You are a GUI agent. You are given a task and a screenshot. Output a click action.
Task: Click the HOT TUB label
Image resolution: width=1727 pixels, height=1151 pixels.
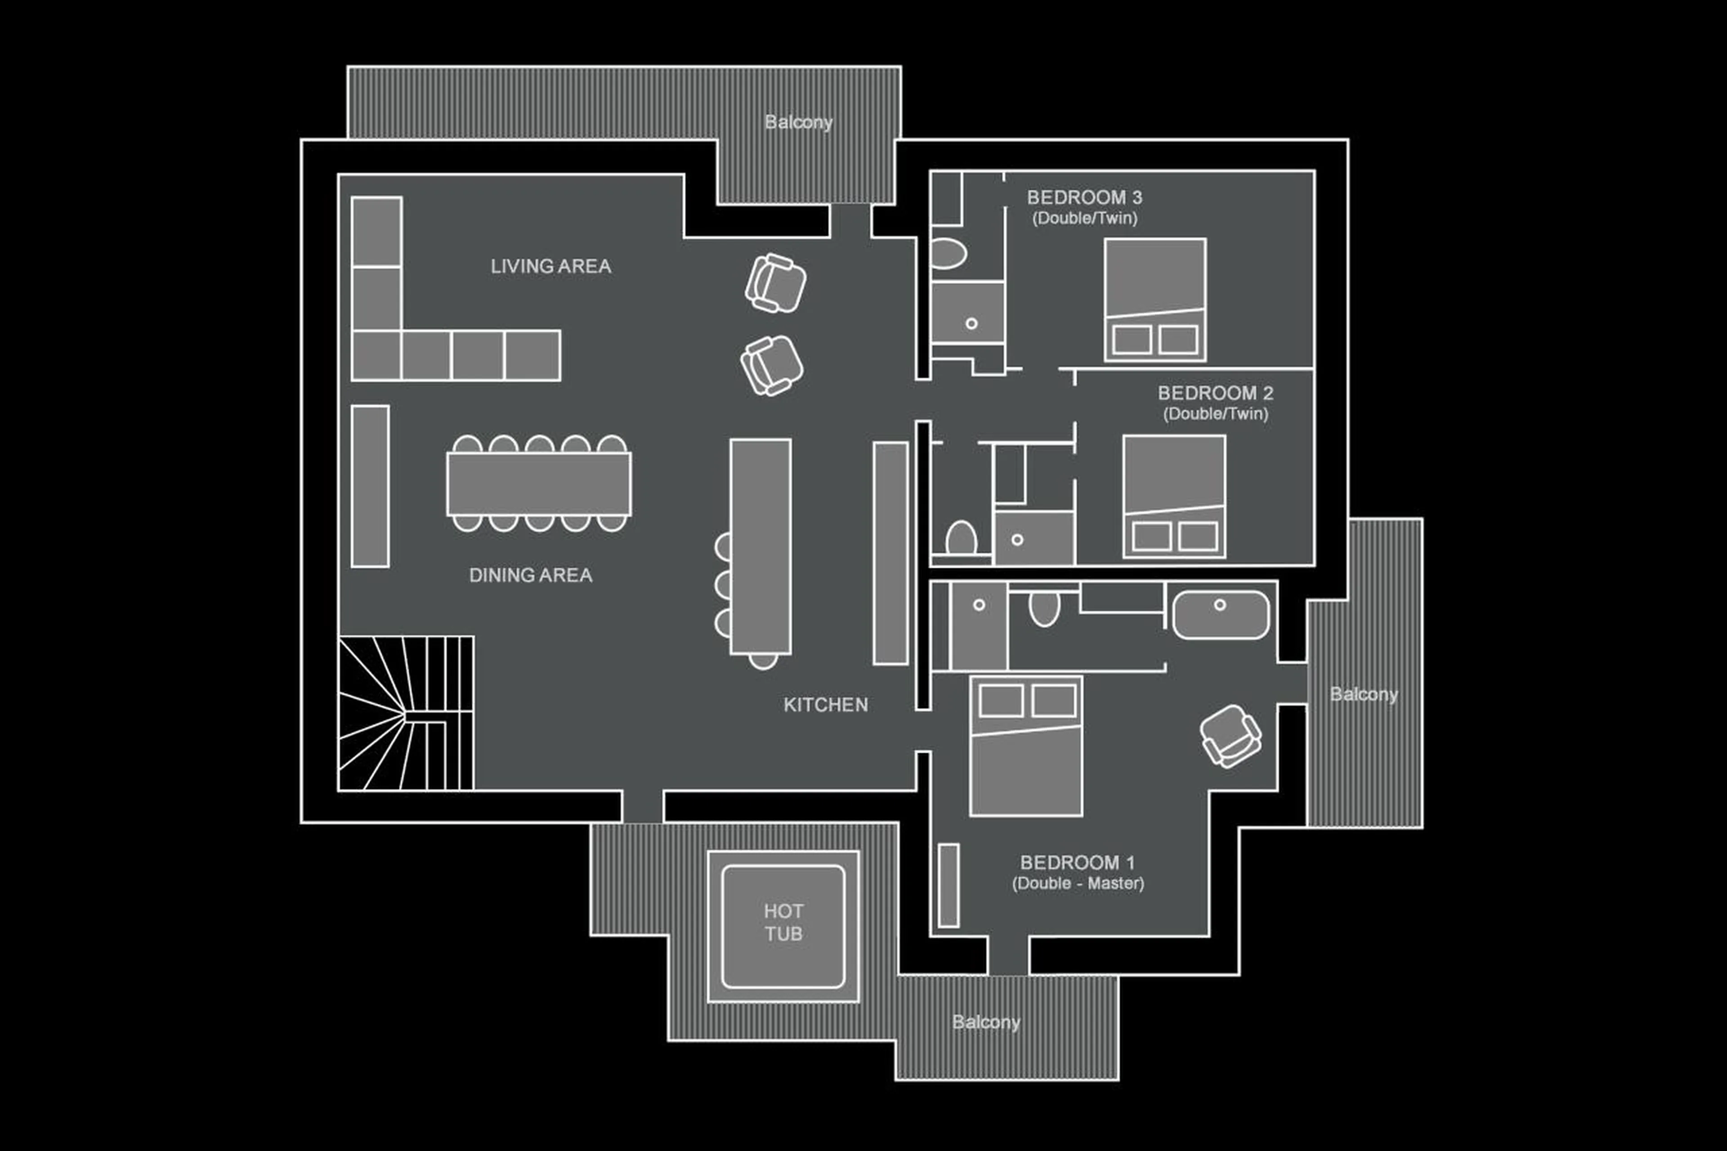(783, 923)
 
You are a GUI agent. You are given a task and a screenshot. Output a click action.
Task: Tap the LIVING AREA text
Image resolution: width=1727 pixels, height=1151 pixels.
(550, 266)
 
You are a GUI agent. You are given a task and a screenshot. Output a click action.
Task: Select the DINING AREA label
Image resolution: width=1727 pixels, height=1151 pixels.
(530, 575)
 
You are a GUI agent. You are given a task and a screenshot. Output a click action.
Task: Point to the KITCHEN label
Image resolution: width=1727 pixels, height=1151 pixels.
(825, 705)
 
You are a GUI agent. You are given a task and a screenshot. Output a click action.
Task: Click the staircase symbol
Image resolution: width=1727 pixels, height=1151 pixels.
(405, 713)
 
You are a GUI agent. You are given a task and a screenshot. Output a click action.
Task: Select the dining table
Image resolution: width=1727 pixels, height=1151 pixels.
(539, 484)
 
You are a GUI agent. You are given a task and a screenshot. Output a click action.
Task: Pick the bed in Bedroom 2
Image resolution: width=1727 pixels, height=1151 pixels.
(1174, 496)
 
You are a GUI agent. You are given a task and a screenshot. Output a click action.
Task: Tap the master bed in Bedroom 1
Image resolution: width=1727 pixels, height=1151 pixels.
(1025, 745)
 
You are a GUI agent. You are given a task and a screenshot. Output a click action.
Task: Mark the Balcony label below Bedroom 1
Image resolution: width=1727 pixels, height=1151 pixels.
(986, 1022)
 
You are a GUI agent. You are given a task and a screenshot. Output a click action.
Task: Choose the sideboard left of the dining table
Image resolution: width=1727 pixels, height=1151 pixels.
(370, 486)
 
